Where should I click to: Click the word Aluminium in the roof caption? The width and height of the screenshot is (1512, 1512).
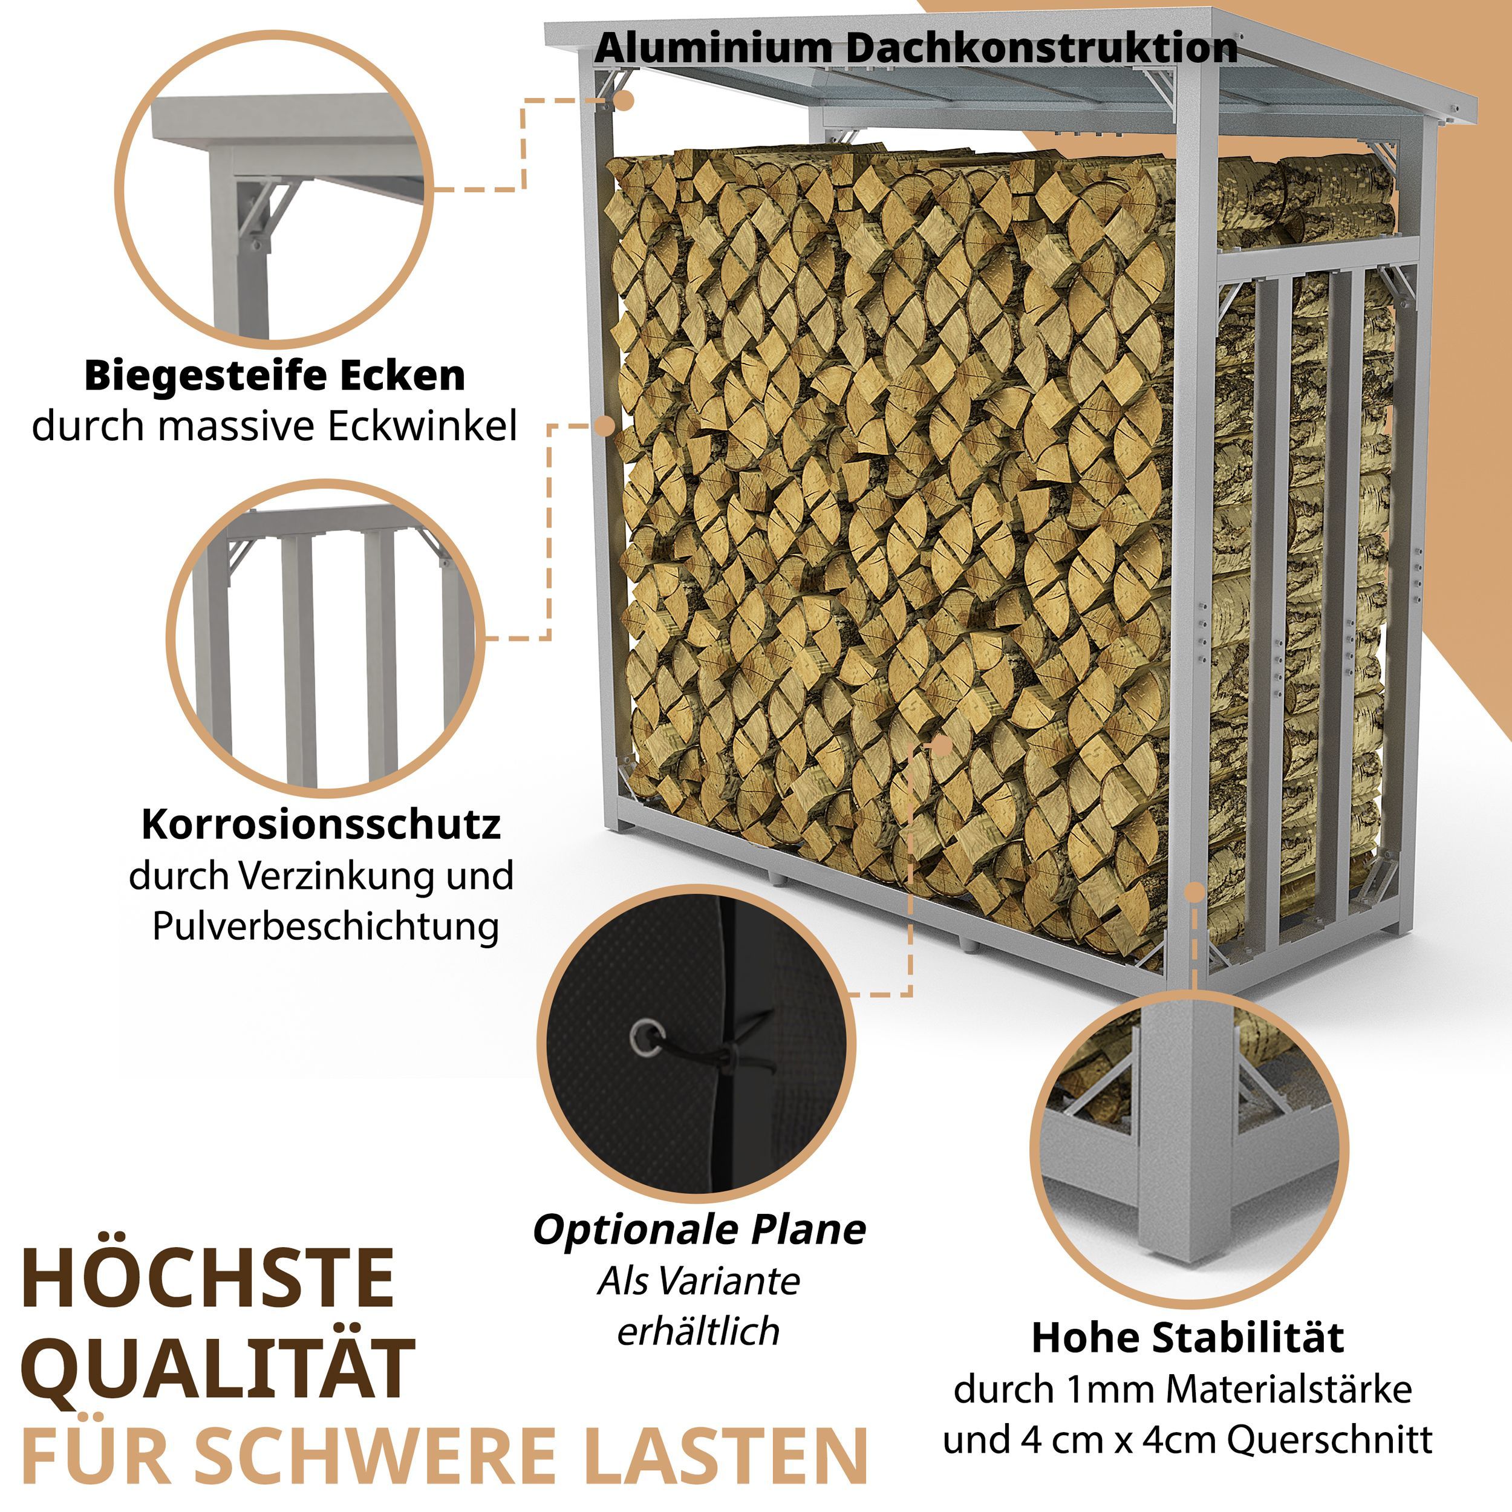click(x=714, y=48)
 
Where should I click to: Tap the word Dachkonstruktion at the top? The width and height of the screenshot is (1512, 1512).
click(x=1041, y=48)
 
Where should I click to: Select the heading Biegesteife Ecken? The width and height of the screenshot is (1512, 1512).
click(x=275, y=376)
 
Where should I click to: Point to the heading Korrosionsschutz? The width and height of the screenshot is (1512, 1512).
click(x=321, y=824)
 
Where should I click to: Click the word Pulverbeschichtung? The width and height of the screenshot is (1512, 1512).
click(x=325, y=926)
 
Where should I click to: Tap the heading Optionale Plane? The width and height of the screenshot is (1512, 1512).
click(x=700, y=1230)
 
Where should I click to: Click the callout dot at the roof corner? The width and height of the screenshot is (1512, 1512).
click(x=624, y=100)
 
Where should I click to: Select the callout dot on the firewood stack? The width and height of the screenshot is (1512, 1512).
click(x=942, y=746)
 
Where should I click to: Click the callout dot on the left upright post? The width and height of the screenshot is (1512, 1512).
click(x=605, y=426)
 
